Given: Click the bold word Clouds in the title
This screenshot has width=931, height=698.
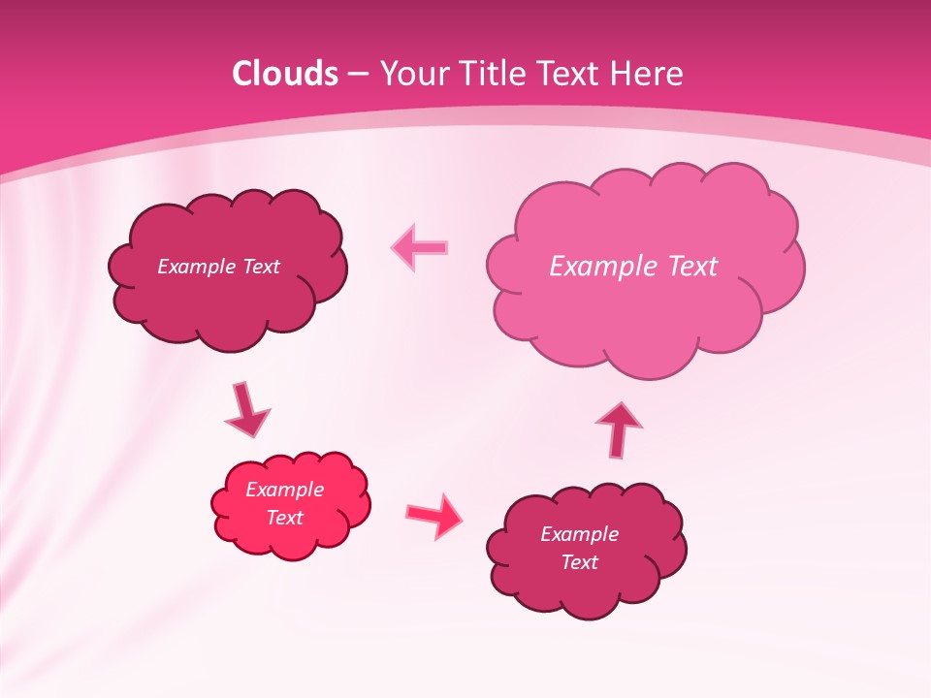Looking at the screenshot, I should coord(285,74).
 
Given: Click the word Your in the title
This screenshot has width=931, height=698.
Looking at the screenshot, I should coord(414,74).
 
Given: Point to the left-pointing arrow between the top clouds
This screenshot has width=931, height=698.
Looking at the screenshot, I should coord(419,248).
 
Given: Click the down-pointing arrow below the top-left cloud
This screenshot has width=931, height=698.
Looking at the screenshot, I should coord(246,409).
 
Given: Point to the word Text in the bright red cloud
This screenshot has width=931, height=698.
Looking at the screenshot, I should coord(285,518).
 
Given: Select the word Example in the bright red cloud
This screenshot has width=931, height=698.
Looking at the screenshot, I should coord(285,490).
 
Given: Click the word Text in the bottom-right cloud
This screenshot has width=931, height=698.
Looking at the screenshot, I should coord(580,562).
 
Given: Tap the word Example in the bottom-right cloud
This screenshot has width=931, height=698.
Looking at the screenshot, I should coord(580,534).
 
